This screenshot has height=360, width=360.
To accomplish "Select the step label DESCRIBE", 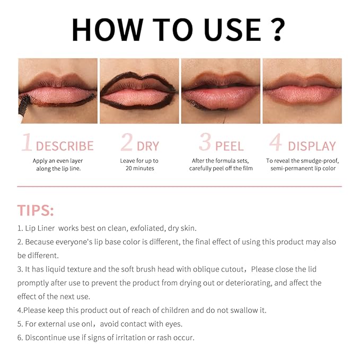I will [x=65, y=146].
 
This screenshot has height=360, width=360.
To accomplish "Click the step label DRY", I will [x=148, y=146].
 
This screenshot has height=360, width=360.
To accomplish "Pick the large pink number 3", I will [x=205, y=144].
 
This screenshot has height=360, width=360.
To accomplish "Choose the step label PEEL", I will [x=229, y=146].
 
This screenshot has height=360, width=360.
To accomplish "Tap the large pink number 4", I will [x=275, y=144].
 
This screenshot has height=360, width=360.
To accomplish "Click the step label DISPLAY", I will [x=312, y=146].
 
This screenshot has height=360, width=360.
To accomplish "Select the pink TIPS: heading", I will [x=36, y=210].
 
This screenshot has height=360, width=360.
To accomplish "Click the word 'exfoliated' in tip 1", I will [x=144, y=229].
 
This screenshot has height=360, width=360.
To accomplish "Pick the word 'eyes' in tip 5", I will [x=171, y=324].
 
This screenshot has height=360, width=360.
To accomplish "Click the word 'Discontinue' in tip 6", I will [x=47, y=338].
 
